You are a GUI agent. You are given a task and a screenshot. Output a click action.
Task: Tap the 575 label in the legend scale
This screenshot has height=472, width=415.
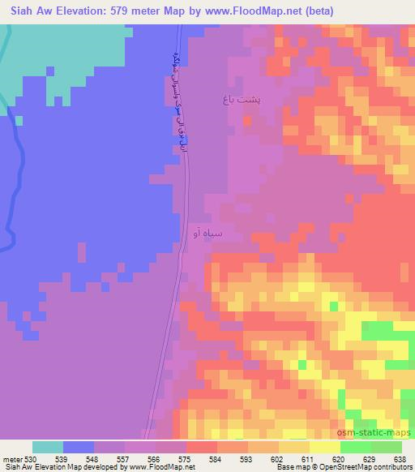[186, 459]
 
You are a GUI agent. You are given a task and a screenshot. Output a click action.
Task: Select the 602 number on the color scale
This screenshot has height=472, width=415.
[279, 459]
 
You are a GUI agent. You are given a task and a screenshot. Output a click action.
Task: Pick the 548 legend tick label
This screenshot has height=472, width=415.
[94, 459]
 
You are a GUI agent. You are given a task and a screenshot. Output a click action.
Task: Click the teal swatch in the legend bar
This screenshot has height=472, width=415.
[48, 447]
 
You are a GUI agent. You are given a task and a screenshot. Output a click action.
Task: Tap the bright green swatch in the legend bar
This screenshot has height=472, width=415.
[356, 447]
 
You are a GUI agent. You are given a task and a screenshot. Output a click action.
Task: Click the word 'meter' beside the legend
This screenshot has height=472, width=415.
[12, 459]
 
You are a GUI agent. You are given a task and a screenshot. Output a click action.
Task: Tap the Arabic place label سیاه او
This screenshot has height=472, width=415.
[206, 234]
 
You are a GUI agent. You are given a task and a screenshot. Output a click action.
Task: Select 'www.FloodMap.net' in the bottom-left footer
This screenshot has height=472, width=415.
[150, 468]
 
